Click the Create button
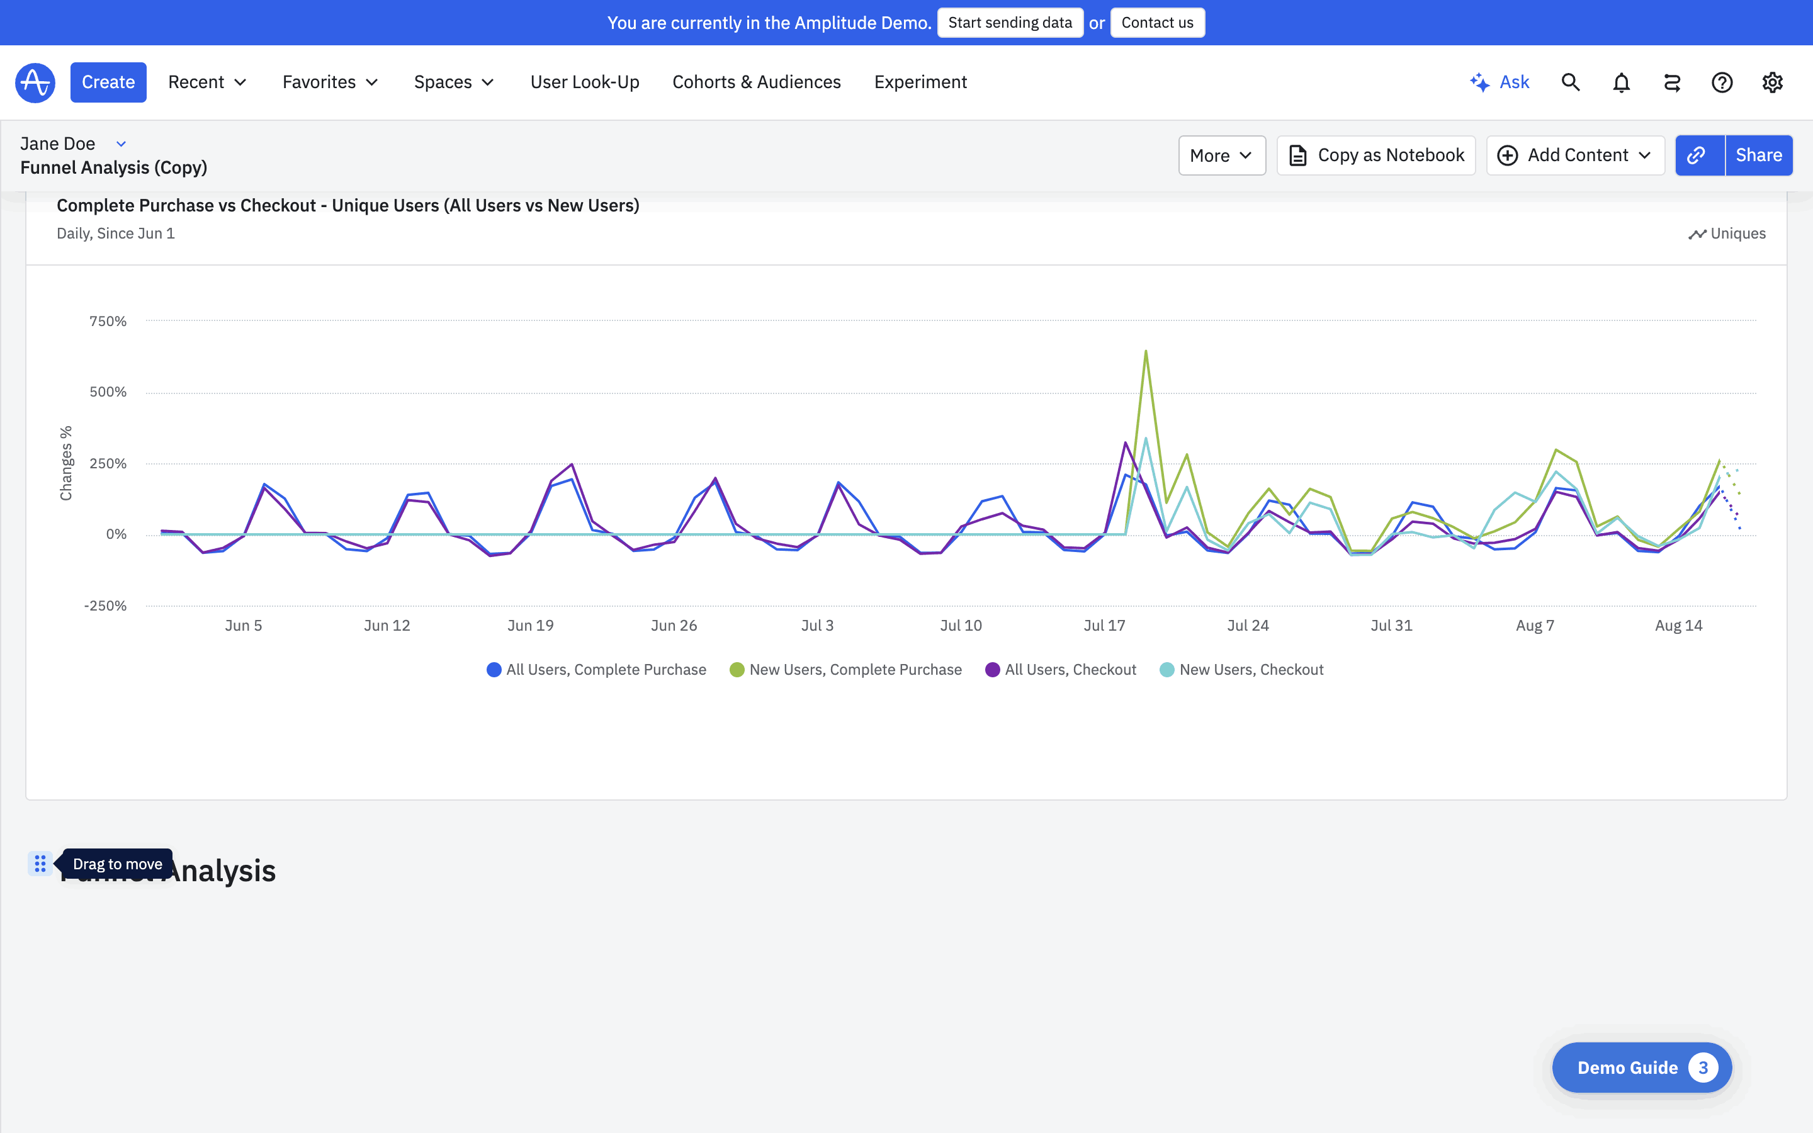[108, 82]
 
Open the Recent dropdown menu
[206, 82]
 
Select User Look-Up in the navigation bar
[584, 82]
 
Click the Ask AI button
[1500, 82]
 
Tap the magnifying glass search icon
[1570, 82]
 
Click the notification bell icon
[1621, 82]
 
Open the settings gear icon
[1772, 82]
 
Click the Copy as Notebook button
[1375, 155]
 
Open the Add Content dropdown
[1575, 155]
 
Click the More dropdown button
[1221, 155]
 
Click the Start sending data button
[1009, 23]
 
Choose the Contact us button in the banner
[1156, 23]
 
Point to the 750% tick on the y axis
[108, 322]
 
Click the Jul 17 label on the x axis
[1104, 626]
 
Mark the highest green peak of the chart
[1146, 351]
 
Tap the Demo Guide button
[1641, 1067]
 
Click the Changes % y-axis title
[66, 463]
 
